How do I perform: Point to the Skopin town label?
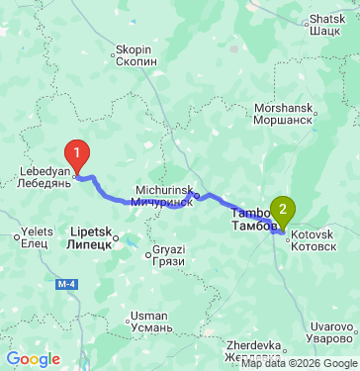135,54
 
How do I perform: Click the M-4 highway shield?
67,287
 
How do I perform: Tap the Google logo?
33,359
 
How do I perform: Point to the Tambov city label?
251,220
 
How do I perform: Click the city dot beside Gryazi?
148,255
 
